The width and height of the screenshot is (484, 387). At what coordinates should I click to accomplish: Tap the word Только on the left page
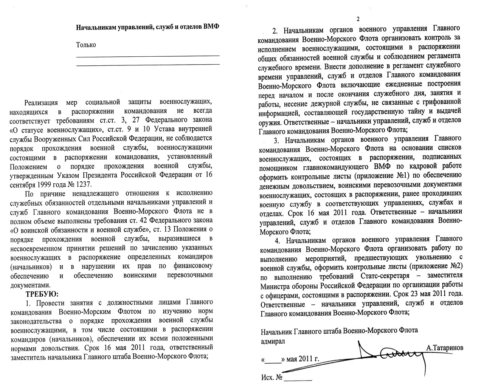[86, 45]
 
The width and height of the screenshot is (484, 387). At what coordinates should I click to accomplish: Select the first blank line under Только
[148, 56]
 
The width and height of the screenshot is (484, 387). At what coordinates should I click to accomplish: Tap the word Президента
[124, 176]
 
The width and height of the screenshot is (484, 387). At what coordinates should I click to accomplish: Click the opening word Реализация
[42, 102]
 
